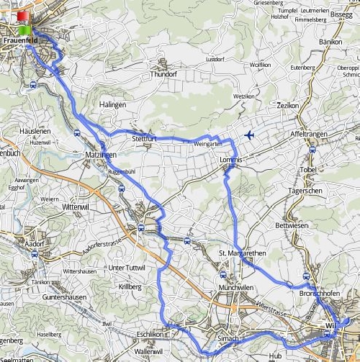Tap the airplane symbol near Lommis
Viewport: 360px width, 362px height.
(250, 135)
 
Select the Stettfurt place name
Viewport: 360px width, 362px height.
(144, 137)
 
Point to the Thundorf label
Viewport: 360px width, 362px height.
(162, 74)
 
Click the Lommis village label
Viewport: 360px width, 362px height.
(232, 158)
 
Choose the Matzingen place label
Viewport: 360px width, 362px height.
(101, 155)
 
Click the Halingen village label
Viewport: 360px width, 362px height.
(114, 105)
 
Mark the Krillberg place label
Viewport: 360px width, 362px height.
(130, 286)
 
